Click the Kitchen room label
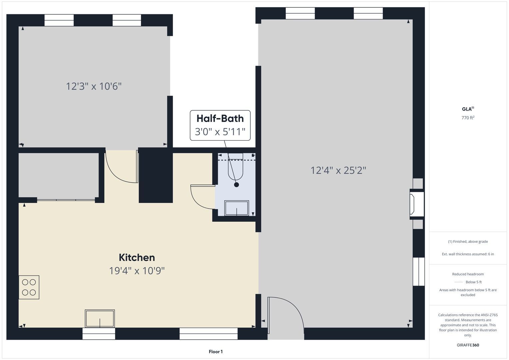pyautogui.click(x=137, y=257)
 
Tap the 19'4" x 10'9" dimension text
pyautogui.click(x=137, y=271)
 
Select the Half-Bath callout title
pyautogui.click(x=220, y=118)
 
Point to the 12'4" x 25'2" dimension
pyautogui.click(x=338, y=170)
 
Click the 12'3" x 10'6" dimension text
pyautogui.click(x=94, y=86)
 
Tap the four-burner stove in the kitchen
pyautogui.click(x=29, y=287)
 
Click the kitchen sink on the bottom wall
pyautogui.click(x=100, y=318)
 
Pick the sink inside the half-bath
pyautogui.click(x=237, y=208)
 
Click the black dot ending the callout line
pyautogui.click(x=237, y=185)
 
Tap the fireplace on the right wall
pyautogui.click(x=417, y=204)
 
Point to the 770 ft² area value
pyautogui.click(x=468, y=118)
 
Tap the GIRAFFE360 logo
pyautogui.click(x=468, y=345)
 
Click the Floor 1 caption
pyautogui.click(x=216, y=352)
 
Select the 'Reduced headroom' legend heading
pyautogui.click(x=468, y=274)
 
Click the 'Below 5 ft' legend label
pyautogui.click(x=474, y=282)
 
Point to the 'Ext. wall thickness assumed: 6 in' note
pyautogui.click(x=468, y=254)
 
